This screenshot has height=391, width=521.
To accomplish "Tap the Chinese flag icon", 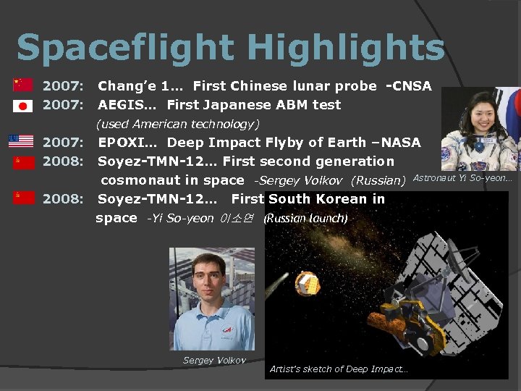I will pos(22,85).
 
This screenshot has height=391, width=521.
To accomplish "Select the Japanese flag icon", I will pos(22,106).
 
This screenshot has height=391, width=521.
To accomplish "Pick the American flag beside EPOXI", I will pos(21,141).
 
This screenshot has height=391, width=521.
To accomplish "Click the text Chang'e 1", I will pos(137,86).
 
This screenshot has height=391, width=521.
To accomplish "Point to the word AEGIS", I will pos(124,105).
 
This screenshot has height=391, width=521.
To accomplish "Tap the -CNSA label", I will pos(409,86).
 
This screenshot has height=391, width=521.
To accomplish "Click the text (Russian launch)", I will pos(305,218).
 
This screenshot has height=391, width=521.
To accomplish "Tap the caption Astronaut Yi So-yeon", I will pos(462,178).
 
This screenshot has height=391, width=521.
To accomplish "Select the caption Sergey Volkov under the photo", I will pos(214,360).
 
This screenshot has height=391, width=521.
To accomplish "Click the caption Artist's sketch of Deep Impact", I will pos(338,369).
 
